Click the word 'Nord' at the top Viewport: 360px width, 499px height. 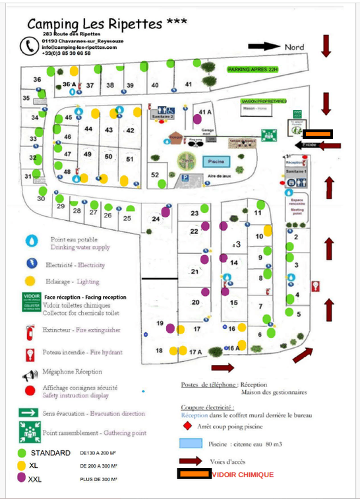coord(294,47)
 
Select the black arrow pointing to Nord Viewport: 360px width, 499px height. coord(264,47)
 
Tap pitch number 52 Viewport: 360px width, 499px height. coord(155,175)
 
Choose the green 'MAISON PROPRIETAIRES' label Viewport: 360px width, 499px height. coord(263,102)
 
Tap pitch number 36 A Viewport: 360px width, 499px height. coord(69,84)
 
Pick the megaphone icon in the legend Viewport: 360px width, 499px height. coord(30,374)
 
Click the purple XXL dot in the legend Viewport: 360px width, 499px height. coord(21,478)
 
